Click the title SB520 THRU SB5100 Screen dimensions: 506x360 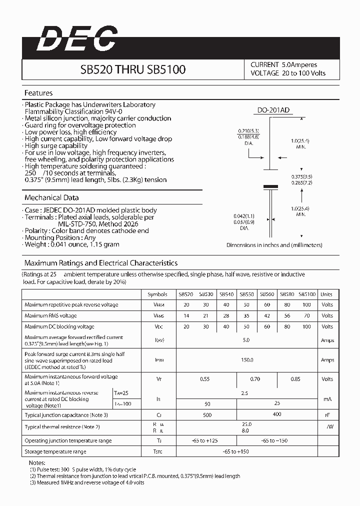pyautogui.click(x=133, y=69)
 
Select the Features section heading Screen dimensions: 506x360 pyautogui.click(x=38, y=93)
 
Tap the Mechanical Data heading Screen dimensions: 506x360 pyautogui.click(x=51, y=197)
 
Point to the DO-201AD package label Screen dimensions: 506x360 pyautogui.click(x=273, y=111)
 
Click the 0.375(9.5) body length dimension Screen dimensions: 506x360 pyautogui.click(x=302, y=176)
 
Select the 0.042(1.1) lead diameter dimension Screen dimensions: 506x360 pyautogui.click(x=244, y=216)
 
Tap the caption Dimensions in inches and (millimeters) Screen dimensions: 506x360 pyautogui.click(x=274, y=245)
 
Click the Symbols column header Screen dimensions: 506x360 pyautogui.click(x=158, y=294)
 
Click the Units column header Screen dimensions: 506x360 pyautogui.click(x=326, y=294)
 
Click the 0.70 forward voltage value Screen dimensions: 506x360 pyautogui.click(x=255, y=379)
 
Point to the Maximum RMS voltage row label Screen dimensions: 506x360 pyautogui.click(x=50, y=315)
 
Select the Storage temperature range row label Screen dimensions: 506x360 pyautogui.click(x=55, y=451)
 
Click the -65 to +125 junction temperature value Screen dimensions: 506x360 pyautogui.click(x=205, y=440)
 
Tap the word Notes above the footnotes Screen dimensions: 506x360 pyautogui.click(x=37, y=463)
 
